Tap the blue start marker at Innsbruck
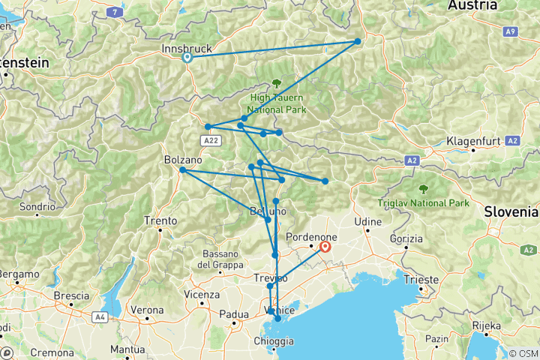tap(187, 57)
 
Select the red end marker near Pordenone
tap(325, 245)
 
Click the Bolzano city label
tap(183, 160)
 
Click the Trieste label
tap(421, 280)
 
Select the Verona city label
tap(146, 310)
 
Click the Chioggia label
tap(274, 342)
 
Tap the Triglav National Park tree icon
tap(424, 188)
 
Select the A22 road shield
tap(209, 140)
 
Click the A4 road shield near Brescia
tap(100, 318)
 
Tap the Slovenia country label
tap(510, 212)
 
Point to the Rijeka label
tap(485, 325)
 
